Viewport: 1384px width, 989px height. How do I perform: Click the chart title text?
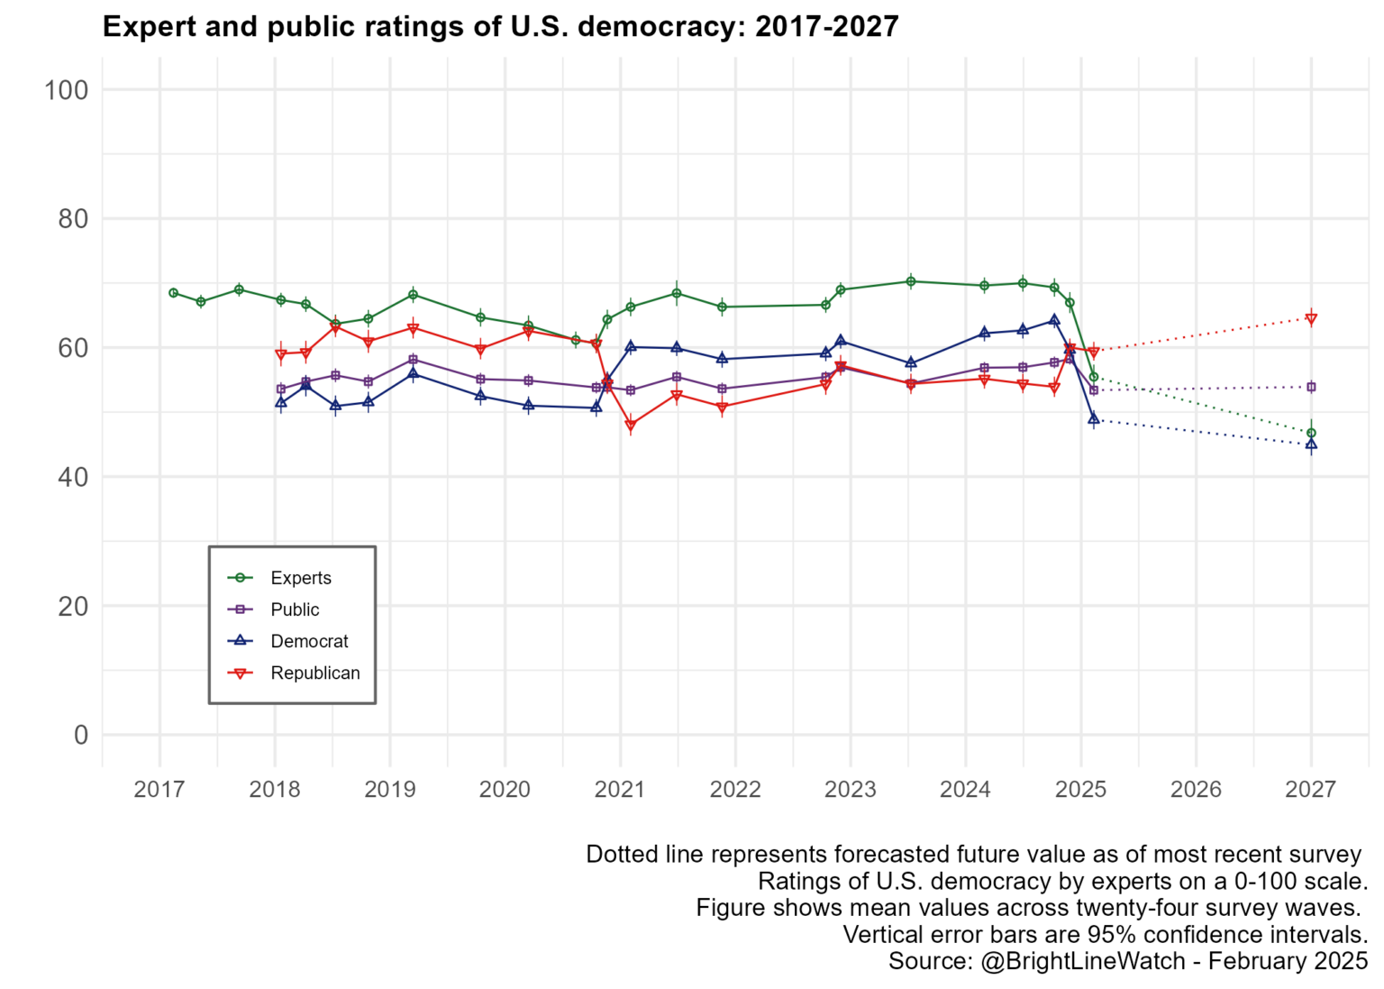(500, 26)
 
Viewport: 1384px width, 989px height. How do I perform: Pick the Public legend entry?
(273, 609)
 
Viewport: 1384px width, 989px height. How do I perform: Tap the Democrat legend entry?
(287, 641)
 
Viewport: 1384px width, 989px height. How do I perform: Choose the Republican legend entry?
(294, 673)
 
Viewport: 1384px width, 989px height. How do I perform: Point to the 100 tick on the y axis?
(66, 90)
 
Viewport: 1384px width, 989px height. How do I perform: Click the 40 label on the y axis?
(74, 477)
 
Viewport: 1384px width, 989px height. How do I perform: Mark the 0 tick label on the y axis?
(81, 736)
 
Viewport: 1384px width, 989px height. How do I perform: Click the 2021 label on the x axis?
(620, 790)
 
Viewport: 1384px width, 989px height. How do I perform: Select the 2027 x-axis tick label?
(1310, 790)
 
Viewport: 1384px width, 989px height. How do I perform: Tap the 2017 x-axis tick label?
(159, 790)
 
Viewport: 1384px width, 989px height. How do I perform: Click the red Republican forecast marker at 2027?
(1311, 319)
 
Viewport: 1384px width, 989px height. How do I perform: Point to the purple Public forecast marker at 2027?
(1311, 387)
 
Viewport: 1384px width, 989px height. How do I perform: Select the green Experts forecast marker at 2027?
(1311, 433)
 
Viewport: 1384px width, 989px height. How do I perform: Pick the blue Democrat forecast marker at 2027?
(1311, 444)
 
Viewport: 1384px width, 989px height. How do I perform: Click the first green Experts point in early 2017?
(174, 293)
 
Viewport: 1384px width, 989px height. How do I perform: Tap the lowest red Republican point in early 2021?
(631, 426)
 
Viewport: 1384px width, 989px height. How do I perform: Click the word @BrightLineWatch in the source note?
(1083, 961)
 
